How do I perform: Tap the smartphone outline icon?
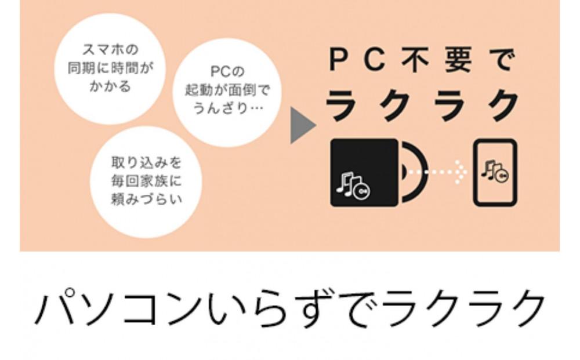(x=494, y=173)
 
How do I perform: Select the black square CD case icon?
(x=364, y=173)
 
